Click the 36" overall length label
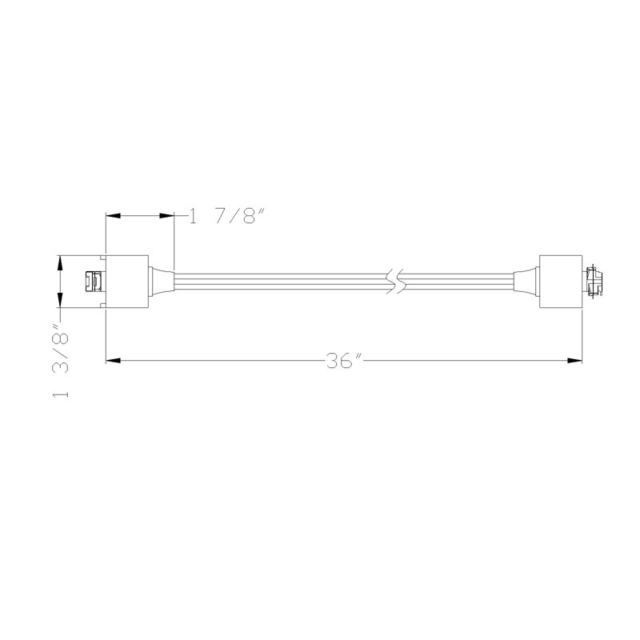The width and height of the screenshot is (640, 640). pyautogui.click(x=345, y=361)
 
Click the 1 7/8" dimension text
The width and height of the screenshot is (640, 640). pyautogui.click(x=227, y=216)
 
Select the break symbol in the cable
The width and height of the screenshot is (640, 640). pyautogui.click(x=394, y=282)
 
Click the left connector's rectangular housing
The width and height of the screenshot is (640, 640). pyautogui.click(x=127, y=282)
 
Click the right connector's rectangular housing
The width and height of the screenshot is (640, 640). pyautogui.click(x=561, y=282)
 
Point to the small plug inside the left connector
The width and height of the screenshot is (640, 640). pyautogui.click(x=94, y=282)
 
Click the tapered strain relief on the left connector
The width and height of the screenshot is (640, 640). pyautogui.click(x=162, y=282)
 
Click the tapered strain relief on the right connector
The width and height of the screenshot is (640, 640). pyautogui.click(x=526, y=282)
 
